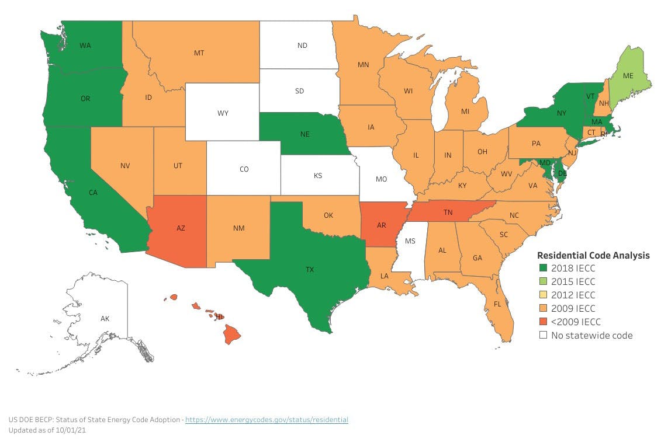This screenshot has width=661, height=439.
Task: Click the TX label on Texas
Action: click(x=309, y=270)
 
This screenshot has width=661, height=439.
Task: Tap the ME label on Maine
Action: click(x=628, y=76)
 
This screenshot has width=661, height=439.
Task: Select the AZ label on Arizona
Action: click(x=181, y=228)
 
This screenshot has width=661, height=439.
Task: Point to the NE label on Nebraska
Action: click(x=304, y=134)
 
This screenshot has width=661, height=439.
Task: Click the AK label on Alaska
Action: click(x=105, y=319)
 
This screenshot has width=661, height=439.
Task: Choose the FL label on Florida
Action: click(x=497, y=304)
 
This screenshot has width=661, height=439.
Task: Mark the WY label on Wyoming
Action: click(x=223, y=113)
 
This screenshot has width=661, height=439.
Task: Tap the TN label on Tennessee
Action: click(x=448, y=213)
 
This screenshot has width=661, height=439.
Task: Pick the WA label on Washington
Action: click(x=85, y=46)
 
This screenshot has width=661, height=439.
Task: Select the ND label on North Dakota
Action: click(x=302, y=45)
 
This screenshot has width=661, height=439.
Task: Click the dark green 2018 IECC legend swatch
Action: click(x=542, y=269)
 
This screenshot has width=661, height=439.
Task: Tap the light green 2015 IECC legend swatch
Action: click(x=542, y=282)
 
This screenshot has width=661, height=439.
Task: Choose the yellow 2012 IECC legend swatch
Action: click(x=542, y=295)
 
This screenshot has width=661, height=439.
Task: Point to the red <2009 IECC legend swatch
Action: click(x=542, y=322)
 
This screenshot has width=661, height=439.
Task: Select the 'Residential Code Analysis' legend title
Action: click(x=593, y=255)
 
